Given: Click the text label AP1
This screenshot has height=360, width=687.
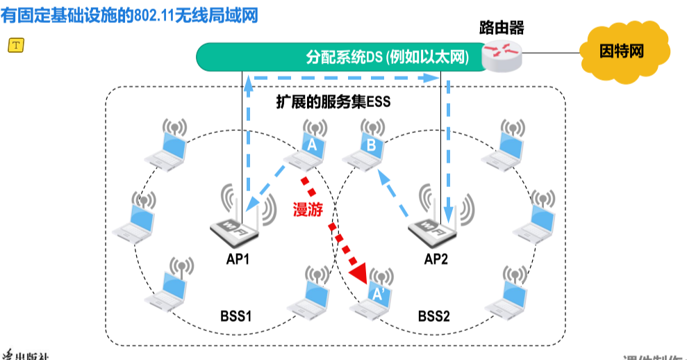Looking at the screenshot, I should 238,259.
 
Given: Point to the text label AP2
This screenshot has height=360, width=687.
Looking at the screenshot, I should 437,259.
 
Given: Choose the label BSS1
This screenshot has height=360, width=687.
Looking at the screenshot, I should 236,316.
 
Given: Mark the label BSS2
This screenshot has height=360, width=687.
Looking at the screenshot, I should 434,316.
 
